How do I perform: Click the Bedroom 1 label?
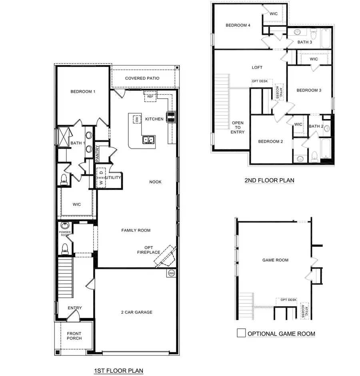(x=83, y=92)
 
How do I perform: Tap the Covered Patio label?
(x=142, y=78)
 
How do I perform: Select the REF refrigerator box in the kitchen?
(x=150, y=96)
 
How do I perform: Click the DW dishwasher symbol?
(x=137, y=119)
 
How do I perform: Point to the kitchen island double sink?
(x=149, y=140)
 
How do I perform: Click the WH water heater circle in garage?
(x=171, y=273)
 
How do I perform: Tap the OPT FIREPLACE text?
(x=148, y=249)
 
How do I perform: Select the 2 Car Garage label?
(x=137, y=312)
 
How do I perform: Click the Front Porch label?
(x=74, y=336)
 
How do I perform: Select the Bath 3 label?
(x=305, y=42)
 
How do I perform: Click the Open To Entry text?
(x=238, y=127)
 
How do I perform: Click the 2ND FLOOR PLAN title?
(x=269, y=181)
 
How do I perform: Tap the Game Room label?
(x=275, y=260)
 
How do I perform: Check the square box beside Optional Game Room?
(x=241, y=333)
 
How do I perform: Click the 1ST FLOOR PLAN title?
(x=118, y=371)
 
